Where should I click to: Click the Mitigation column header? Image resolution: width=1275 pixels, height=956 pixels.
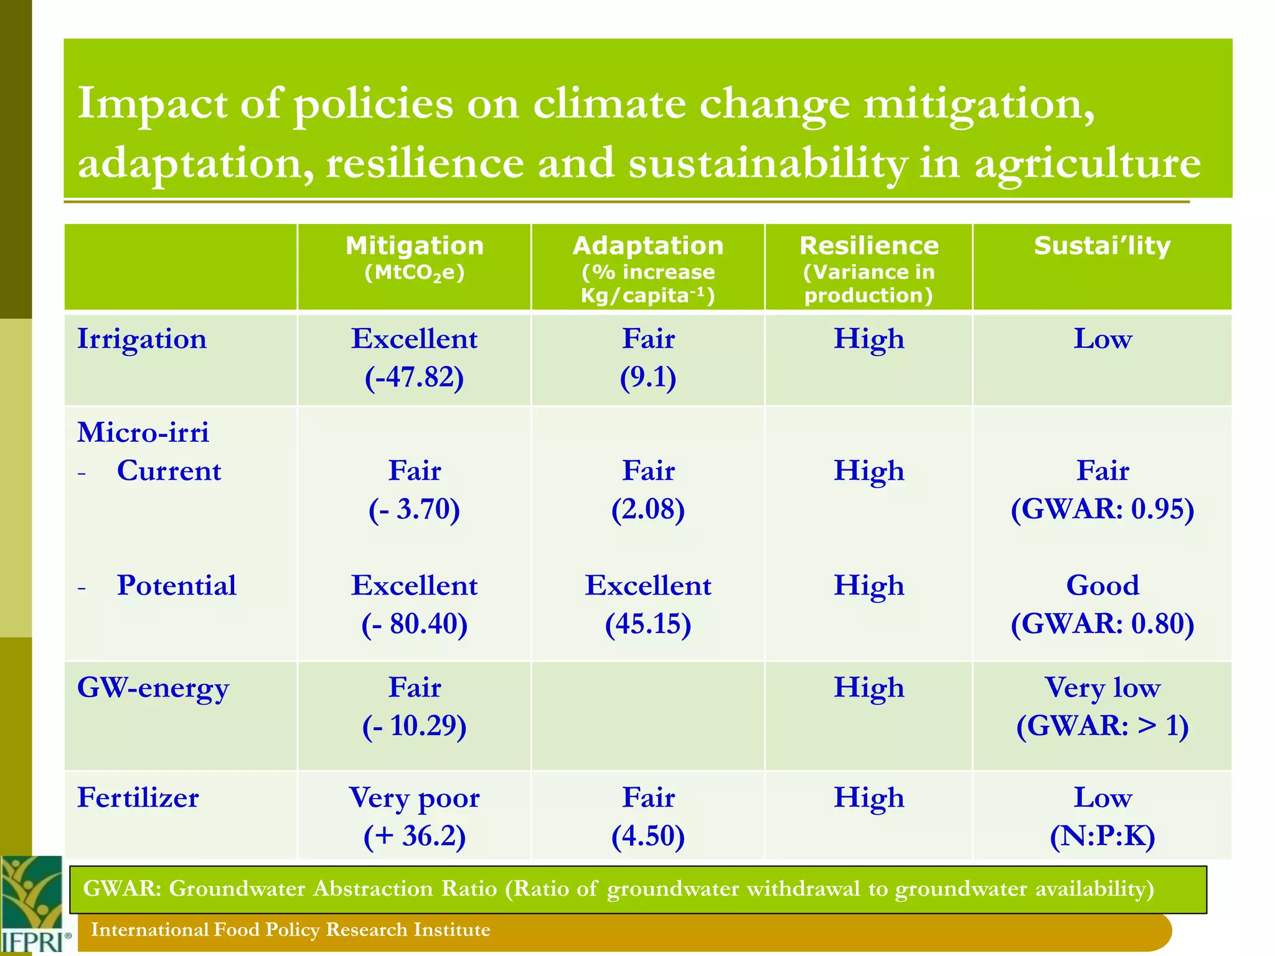415,246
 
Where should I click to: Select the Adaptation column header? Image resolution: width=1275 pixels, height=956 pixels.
647,246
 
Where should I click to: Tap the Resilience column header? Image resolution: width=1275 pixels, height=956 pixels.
868,246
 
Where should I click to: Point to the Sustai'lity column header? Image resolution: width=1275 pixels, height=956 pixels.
1102,246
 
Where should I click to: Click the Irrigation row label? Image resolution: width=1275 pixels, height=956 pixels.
142,339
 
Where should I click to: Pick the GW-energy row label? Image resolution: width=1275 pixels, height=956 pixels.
153,688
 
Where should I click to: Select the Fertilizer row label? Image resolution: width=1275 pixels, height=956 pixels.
138,798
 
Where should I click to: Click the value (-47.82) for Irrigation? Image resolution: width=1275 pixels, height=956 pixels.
415,378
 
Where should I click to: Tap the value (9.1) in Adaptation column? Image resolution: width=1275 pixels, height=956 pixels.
648,378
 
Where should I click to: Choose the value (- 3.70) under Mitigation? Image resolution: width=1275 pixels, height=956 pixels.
415,509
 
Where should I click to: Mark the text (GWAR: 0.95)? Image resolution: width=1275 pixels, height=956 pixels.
1102,509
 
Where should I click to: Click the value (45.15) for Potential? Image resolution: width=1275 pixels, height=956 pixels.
648,624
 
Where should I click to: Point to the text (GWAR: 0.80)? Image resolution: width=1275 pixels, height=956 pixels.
1102,624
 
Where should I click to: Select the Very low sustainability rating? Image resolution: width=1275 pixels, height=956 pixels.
1102,688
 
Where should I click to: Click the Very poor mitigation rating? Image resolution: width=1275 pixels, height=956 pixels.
415,798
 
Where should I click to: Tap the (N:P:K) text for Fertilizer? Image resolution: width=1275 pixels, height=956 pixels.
1102,836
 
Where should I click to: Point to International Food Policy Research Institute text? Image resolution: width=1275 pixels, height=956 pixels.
291,930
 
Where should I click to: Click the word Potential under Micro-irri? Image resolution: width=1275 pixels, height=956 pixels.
177,586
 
